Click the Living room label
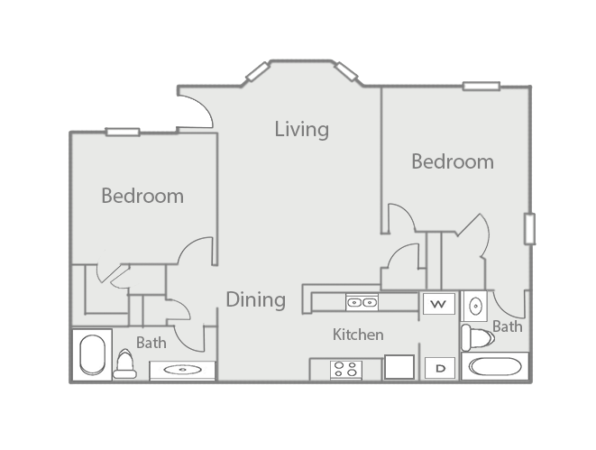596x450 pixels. tap(302, 129)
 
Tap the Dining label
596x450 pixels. tap(256, 299)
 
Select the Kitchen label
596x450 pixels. tap(358, 335)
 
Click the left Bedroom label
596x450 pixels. tap(142, 196)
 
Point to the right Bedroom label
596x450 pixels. tap(453, 161)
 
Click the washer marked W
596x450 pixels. tap(439, 304)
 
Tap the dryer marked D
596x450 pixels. tap(440, 368)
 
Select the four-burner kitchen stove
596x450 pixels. tap(346, 370)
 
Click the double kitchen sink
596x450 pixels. tap(362, 302)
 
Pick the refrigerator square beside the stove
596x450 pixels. tap(399, 367)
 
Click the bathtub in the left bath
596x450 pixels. tap(92, 354)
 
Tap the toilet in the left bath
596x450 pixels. tap(125, 364)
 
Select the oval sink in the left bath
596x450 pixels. tap(183, 370)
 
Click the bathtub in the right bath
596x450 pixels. tap(495, 366)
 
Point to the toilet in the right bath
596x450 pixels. tap(477, 337)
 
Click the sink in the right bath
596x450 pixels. tap(474, 306)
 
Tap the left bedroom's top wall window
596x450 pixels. tap(123, 132)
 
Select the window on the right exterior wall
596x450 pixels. tap(529, 229)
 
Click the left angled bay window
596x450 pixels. tap(258, 72)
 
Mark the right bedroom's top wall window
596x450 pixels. tap(481, 87)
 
